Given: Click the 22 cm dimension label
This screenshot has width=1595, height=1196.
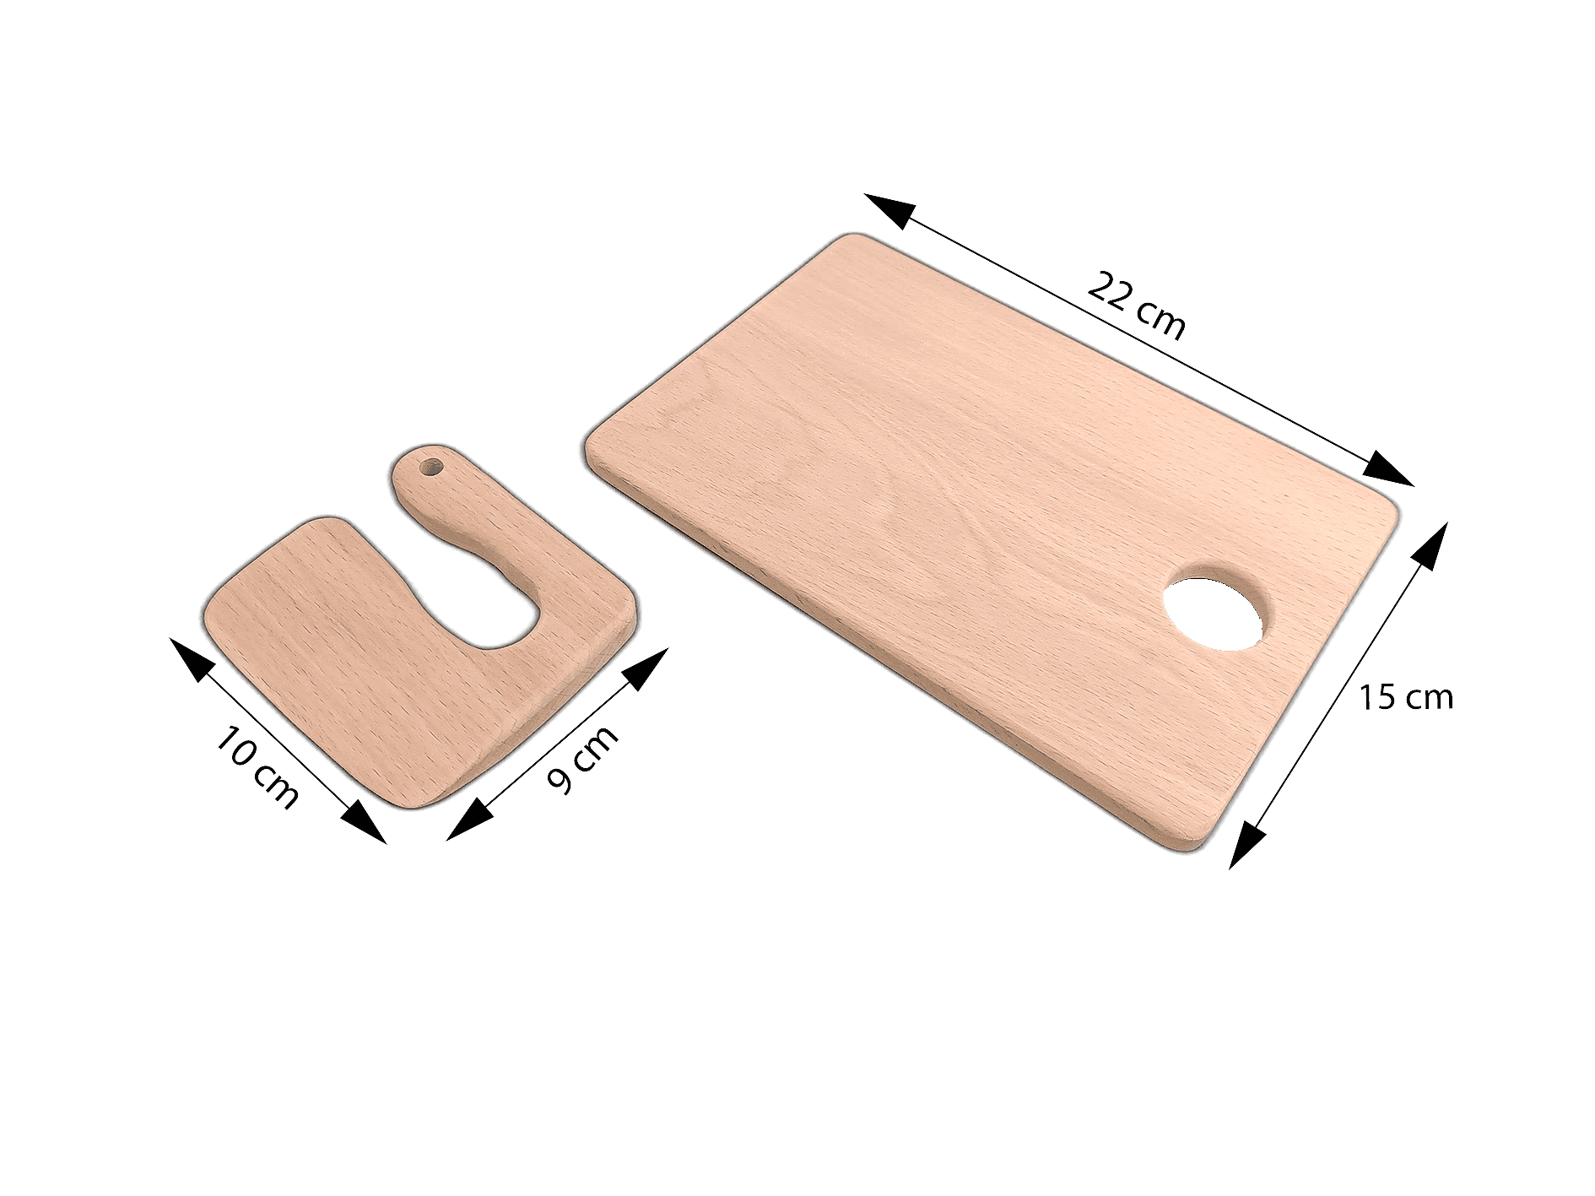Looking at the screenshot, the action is point(1137,305).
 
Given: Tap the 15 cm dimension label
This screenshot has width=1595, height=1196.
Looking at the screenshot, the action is point(1406,697).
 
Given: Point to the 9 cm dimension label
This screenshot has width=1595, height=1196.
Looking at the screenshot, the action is point(582,758).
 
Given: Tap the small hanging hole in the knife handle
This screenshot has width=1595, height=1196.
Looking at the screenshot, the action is point(431,466).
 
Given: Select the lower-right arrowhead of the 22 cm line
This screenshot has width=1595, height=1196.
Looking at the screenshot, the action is point(1388,468).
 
